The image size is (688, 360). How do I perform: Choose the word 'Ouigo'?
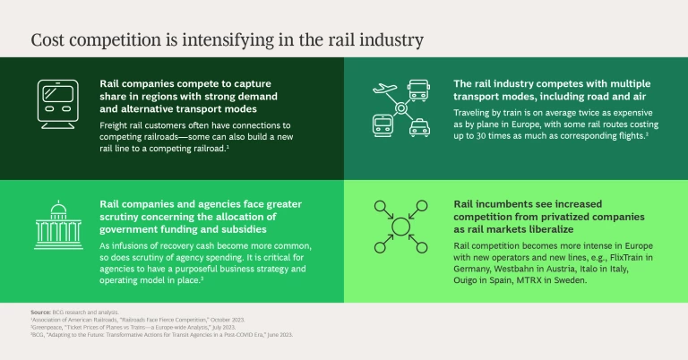469,280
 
